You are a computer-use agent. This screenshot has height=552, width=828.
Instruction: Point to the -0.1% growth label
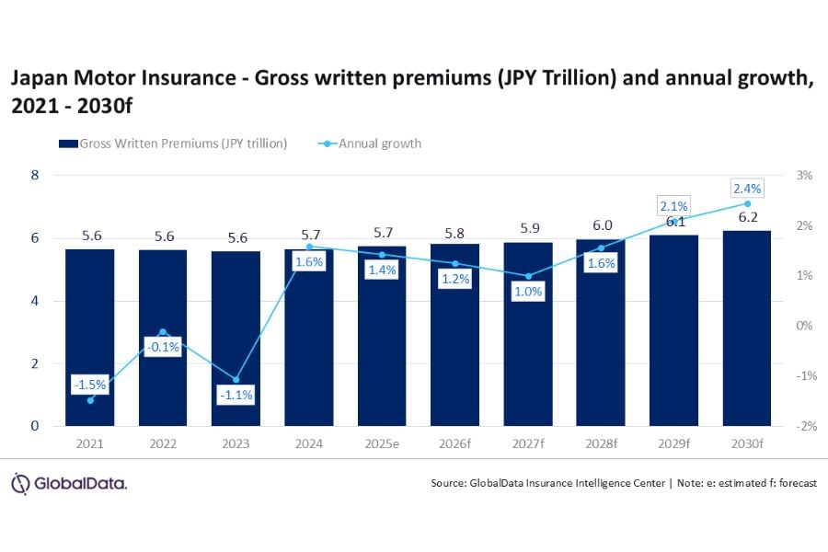coord(163,347)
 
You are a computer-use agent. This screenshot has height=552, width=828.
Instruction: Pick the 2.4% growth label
coord(746,189)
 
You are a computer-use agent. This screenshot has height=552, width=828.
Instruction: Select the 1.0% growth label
coord(527,292)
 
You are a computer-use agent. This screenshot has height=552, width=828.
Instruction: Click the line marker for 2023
coord(236,379)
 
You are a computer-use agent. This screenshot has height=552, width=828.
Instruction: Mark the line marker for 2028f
coord(601,247)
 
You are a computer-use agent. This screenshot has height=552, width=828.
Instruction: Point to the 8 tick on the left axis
coord(35,175)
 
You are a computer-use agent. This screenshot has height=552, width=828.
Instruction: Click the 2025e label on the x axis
coord(382,443)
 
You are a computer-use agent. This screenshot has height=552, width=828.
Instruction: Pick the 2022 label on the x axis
coord(163,443)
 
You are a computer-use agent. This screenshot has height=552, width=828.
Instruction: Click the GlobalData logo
coord(69,483)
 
